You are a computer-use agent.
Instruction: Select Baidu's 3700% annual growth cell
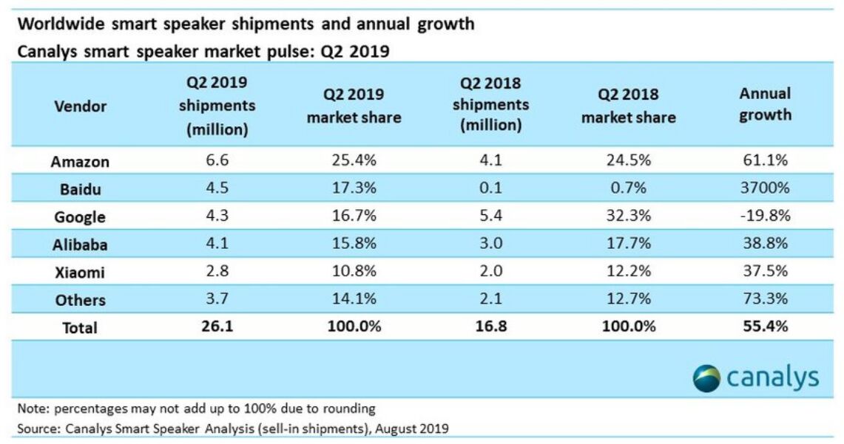pyautogui.click(x=765, y=189)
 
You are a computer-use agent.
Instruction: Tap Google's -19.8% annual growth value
pyautogui.click(x=765, y=216)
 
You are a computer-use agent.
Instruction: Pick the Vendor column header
pyautogui.click(x=80, y=106)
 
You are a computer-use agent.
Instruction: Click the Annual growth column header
pyautogui.click(x=765, y=104)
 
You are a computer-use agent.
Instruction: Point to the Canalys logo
pyautogui.click(x=756, y=378)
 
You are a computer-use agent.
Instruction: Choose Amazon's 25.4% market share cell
pyautogui.click(x=354, y=162)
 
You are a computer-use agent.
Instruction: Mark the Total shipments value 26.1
pyautogui.click(x=217, y=326)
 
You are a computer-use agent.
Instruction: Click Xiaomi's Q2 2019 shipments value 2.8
pyautogui.click(x=217, y=271)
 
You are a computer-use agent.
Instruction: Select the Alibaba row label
pyautogui.click(x=80, y=245)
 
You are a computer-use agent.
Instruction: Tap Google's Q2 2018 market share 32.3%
pyautogui.click(x=628, y=216)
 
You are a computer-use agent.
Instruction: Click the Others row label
pyautogui.click(x=80, y=300)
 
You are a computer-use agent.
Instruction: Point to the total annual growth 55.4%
pyautogui.click(x=765, y=326)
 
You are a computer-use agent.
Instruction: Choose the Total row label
pyautogui.click(x=80, y=327)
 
